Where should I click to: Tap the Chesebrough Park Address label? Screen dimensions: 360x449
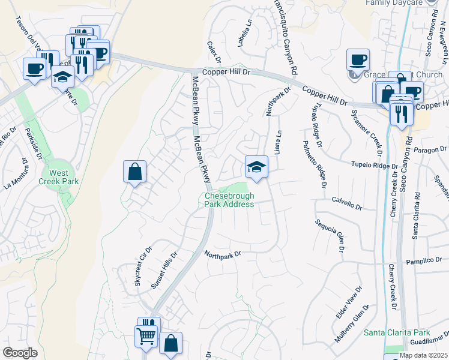pos(229,200)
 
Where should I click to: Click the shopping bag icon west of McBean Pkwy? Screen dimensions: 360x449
pos(135,172)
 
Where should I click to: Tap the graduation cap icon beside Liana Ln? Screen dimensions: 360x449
pos(256,167)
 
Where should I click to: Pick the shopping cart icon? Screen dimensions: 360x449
pos(146,337)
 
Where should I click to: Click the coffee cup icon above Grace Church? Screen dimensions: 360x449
pos(358,60)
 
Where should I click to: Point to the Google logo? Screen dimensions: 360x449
pos(20,353)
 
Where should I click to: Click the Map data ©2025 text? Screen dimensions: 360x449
pos(423,355)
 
